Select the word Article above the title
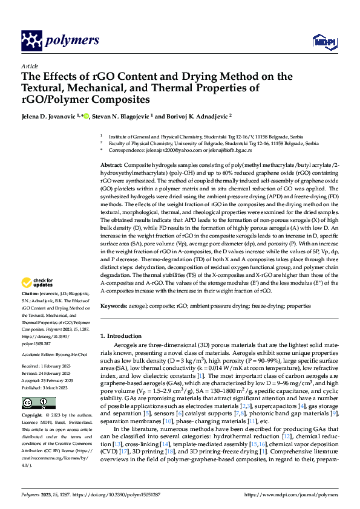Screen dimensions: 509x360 (30, 66)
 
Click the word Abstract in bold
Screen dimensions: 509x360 (112, 165)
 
